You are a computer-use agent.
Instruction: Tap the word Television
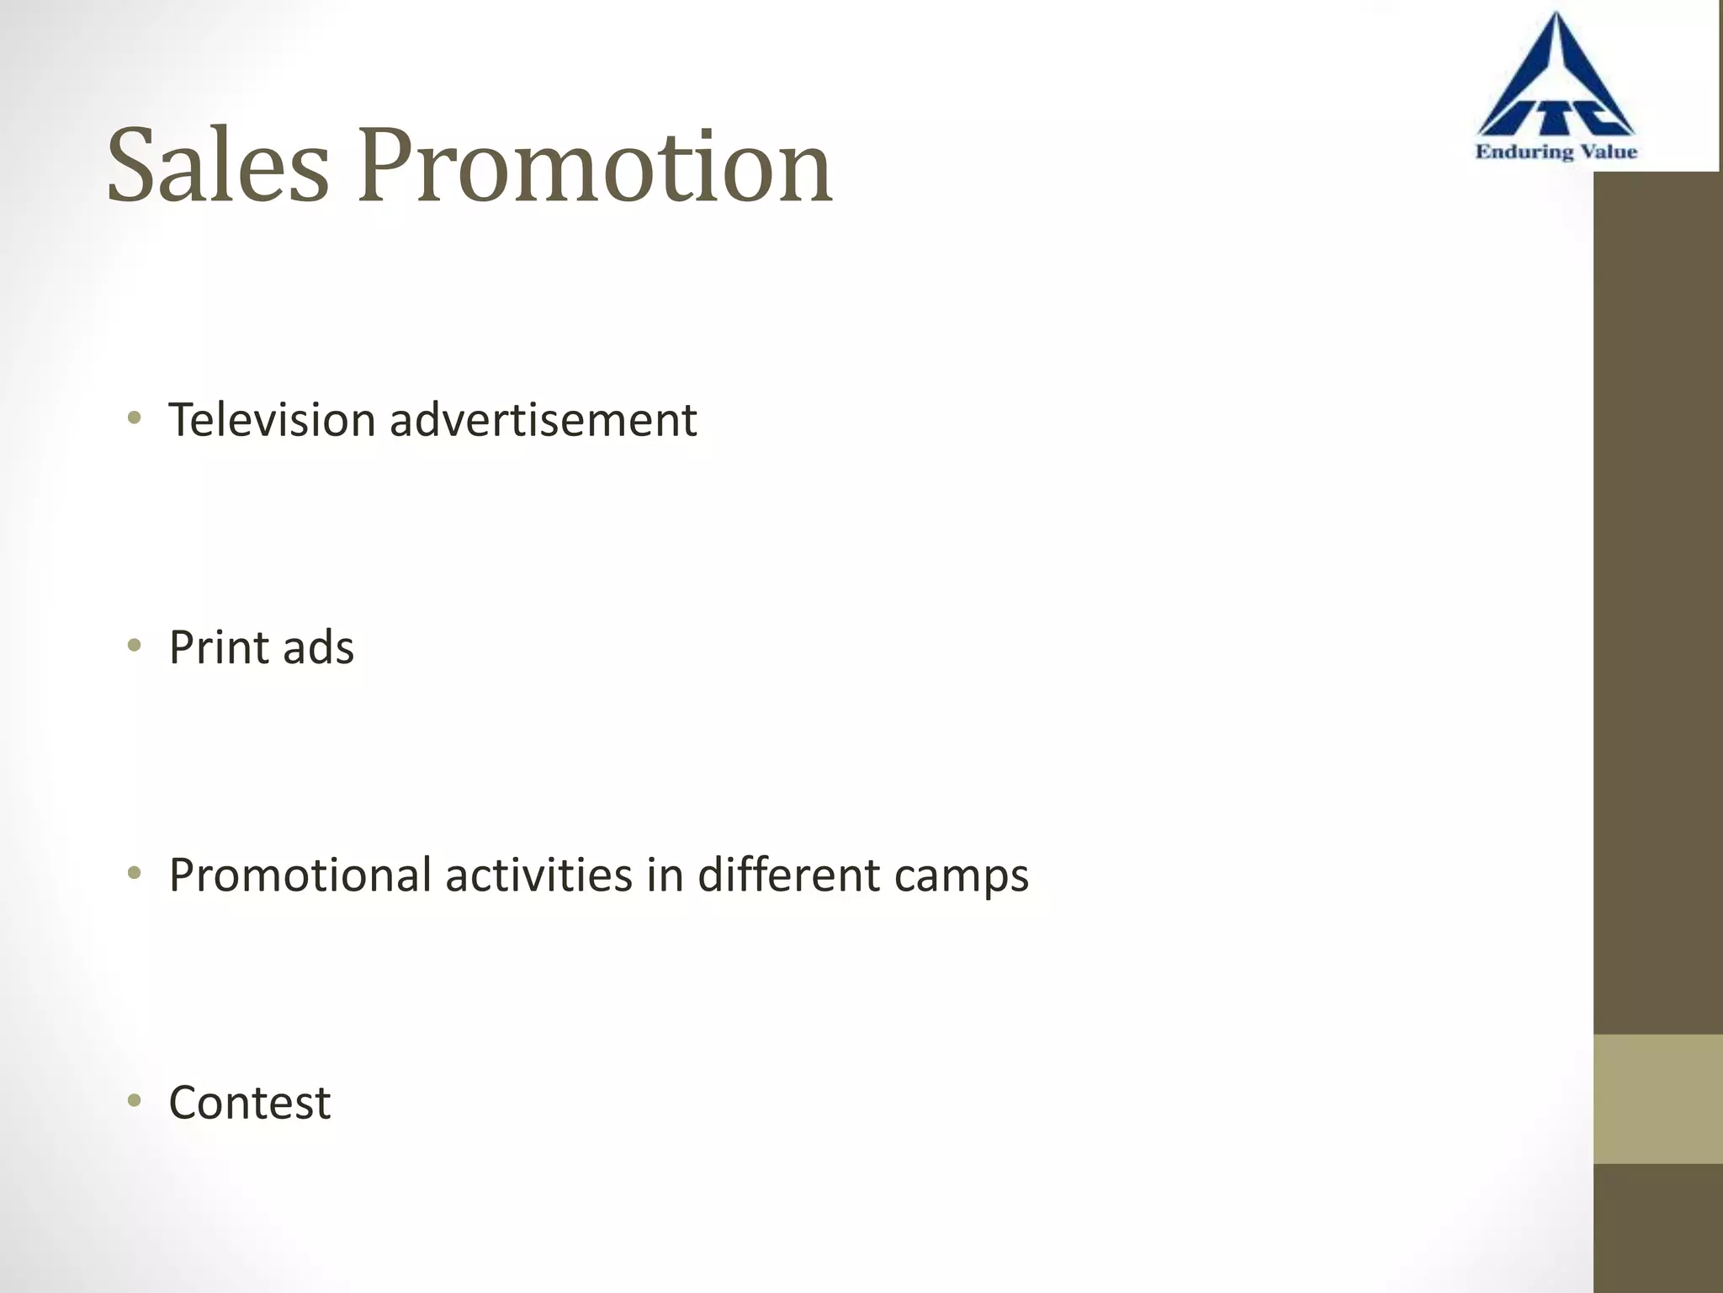pyautogui.click(x=272, y=419)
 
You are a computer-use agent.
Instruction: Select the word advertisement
pyautogui.click(x=543, y=419)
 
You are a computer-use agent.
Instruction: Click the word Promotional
pyautogui.click(x=300, y=875)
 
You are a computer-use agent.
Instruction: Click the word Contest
pyautogui.click(x=250, y=1103)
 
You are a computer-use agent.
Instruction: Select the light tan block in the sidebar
pyautogui.click(x=1657, y=1099)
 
